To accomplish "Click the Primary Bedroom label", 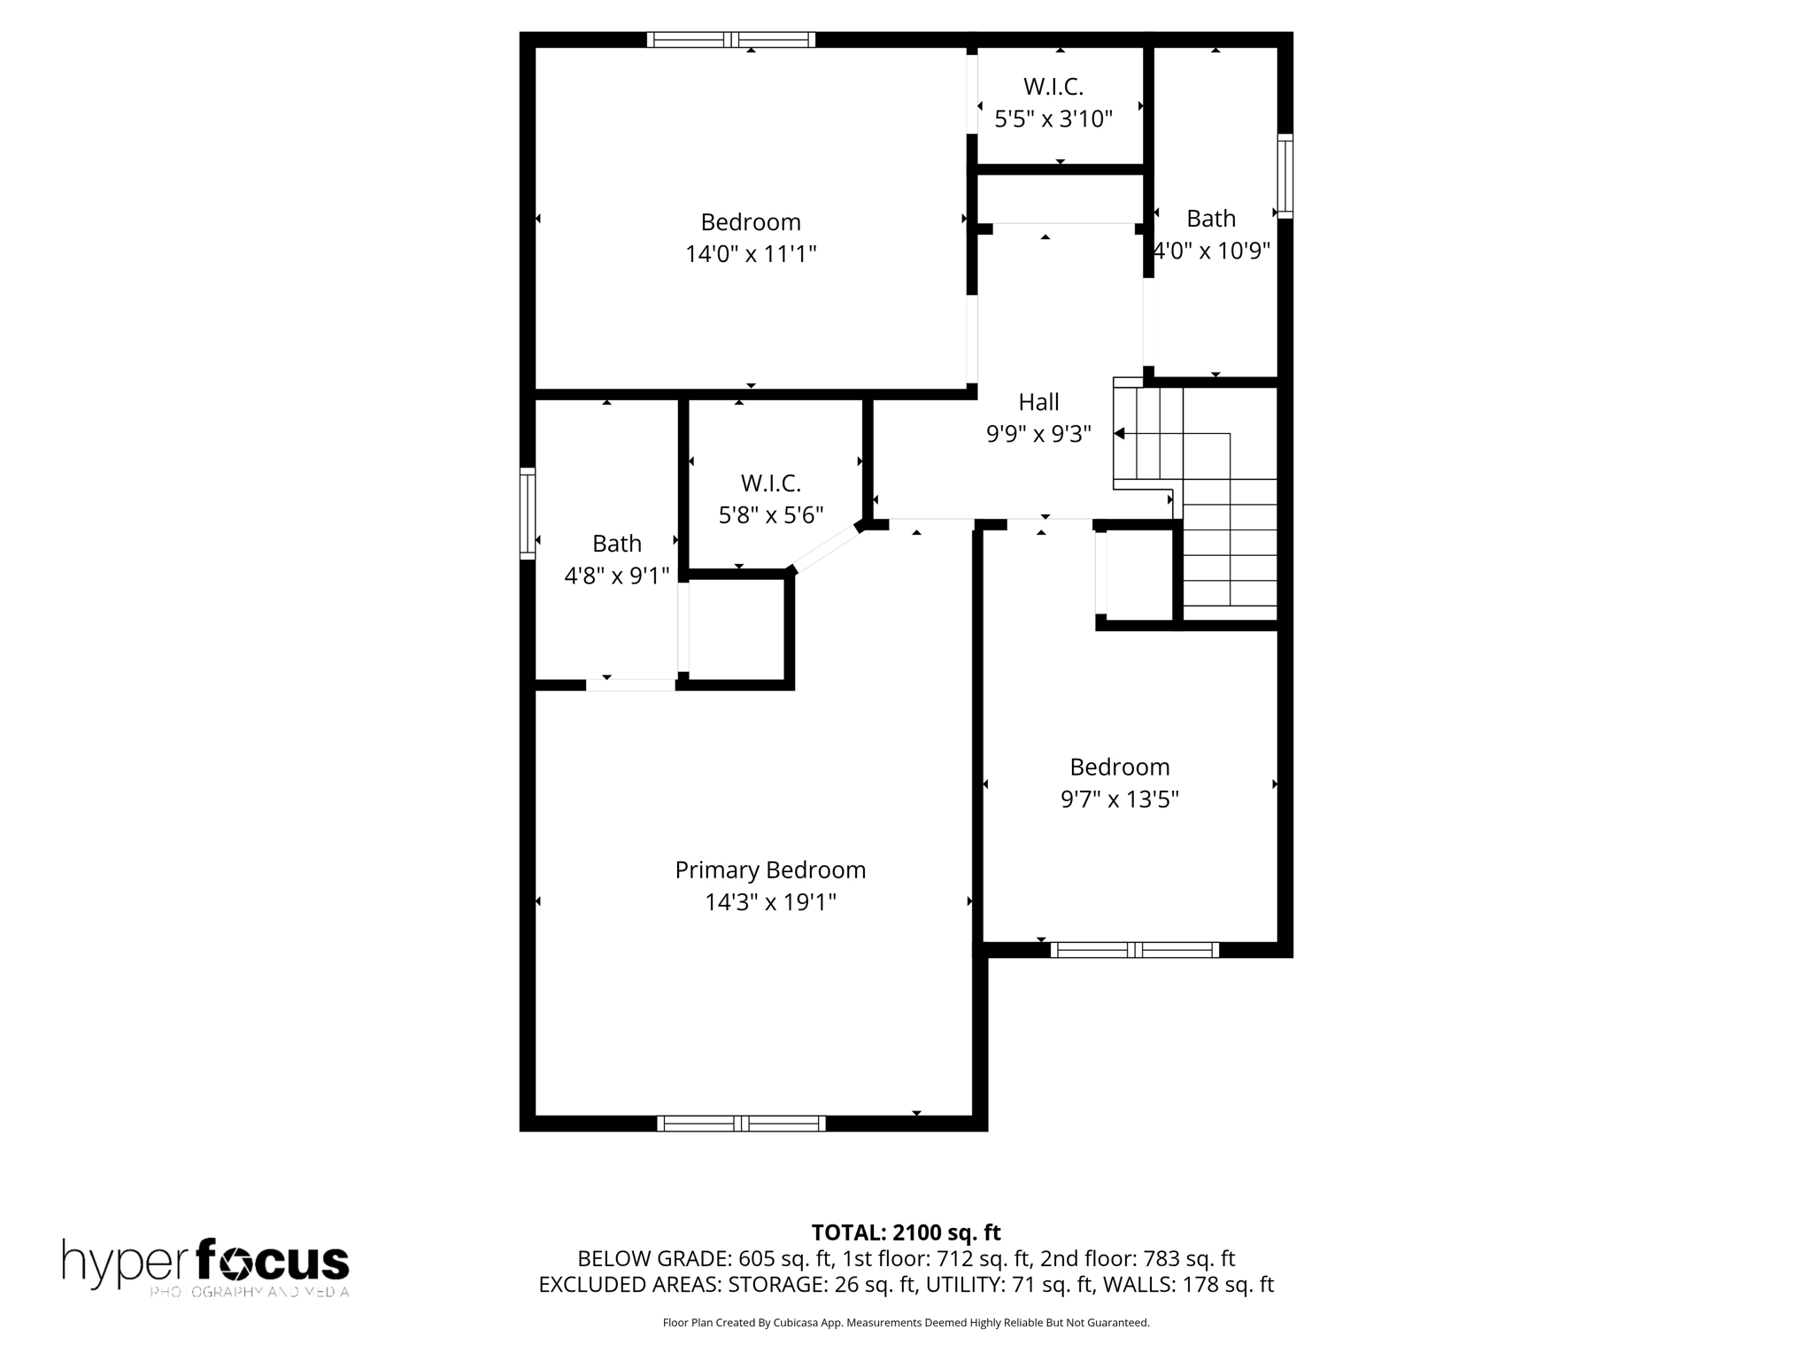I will [x=770, y=869].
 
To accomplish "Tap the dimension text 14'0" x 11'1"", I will [x=751, y=254].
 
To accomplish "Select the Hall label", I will [x=1038, y=402].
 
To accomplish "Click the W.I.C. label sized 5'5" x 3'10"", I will [x=1053, y=87].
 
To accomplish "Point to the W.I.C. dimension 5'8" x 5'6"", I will [x=771, y=514].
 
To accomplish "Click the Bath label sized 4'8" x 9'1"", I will [x=617, y=543].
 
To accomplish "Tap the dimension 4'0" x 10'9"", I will [x=1212, y=251].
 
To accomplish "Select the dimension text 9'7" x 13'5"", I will [x=1120, y=800].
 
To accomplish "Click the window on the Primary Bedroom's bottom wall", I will [x=741, y=1123].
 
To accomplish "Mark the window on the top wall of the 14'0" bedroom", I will [x=730, y=39].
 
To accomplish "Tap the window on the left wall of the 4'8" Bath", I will [x=528, y=514].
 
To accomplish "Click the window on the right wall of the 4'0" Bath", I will [x=1285, y=175].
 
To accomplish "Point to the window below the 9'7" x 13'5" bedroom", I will [x=1134, y=949].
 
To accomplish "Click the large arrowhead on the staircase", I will [x=1120, y=433].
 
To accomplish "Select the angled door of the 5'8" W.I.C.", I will [x=824, y=549].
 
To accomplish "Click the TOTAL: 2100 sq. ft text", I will [x=906, y=1232].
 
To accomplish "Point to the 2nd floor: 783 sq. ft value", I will [x=1138, y=1258].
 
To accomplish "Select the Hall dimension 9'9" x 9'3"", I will [x=1038, y=434].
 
